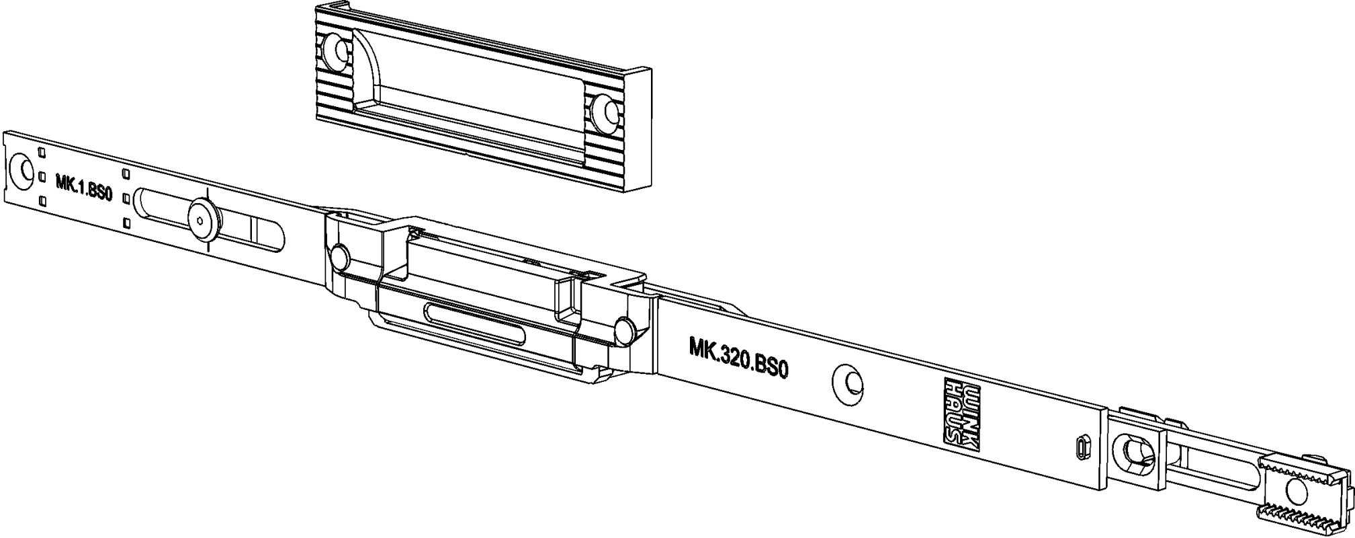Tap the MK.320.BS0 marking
coord(738,358)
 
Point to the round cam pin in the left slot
coord(202,218)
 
